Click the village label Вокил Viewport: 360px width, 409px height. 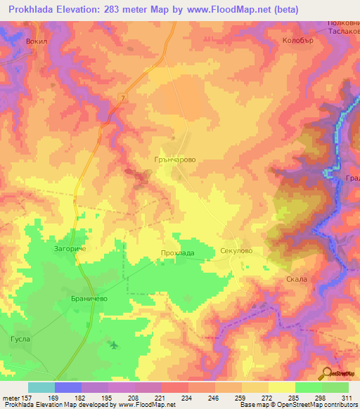tap(35, 41)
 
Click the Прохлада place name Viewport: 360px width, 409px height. tap(176, 253)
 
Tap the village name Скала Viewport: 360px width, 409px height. tap(297, 279)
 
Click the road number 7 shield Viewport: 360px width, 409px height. tap(122, 97)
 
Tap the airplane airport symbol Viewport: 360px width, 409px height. tap(114, 344)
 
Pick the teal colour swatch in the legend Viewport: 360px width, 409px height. tap(41, 387)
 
